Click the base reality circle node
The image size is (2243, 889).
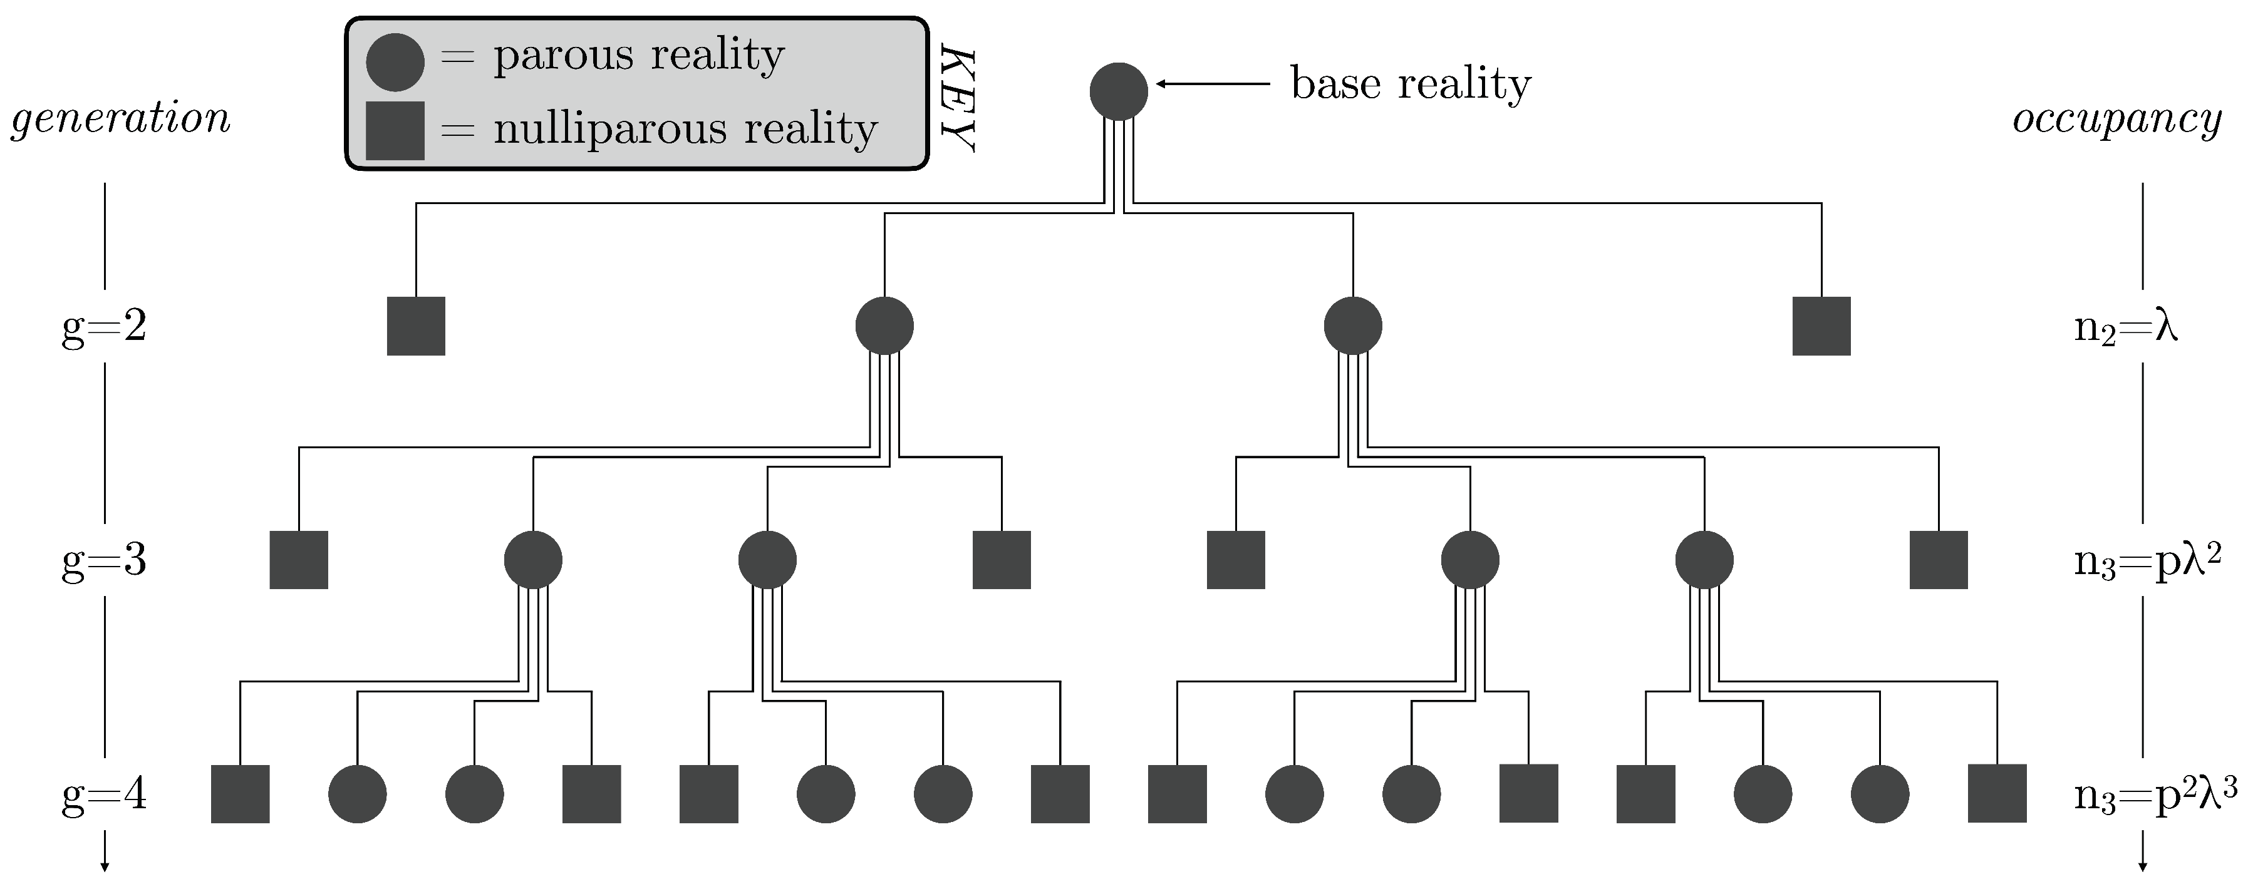pyautogui.click(x=1119, y=91)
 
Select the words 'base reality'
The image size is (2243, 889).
pyautogui.click(x=1411, y=85)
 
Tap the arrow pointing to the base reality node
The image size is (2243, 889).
pyautogui.click(x=1214, y=85)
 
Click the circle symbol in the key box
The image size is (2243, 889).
pyautogui.click(x=395, y=63)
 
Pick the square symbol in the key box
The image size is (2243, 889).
pyautogui.click(x=395, y=131)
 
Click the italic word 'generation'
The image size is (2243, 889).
pyautogui.click(x=120, y=118)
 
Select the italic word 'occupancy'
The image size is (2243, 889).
pyautogui.click(x=2118, y=118)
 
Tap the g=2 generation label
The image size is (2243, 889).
pyautogui.click(x=105, y=327)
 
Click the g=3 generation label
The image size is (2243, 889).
pyautogui.click(x=105, y=561)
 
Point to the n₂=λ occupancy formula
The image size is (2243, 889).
pyautogui.click(x=2125, y=329)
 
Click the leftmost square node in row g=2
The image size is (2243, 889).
pyautogui.click(x=416, y=327)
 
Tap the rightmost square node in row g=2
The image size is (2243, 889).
pyautogui.click(x=1821, y=327)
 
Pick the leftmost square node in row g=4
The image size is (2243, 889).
pyautogui.click(x=241, y=794)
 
